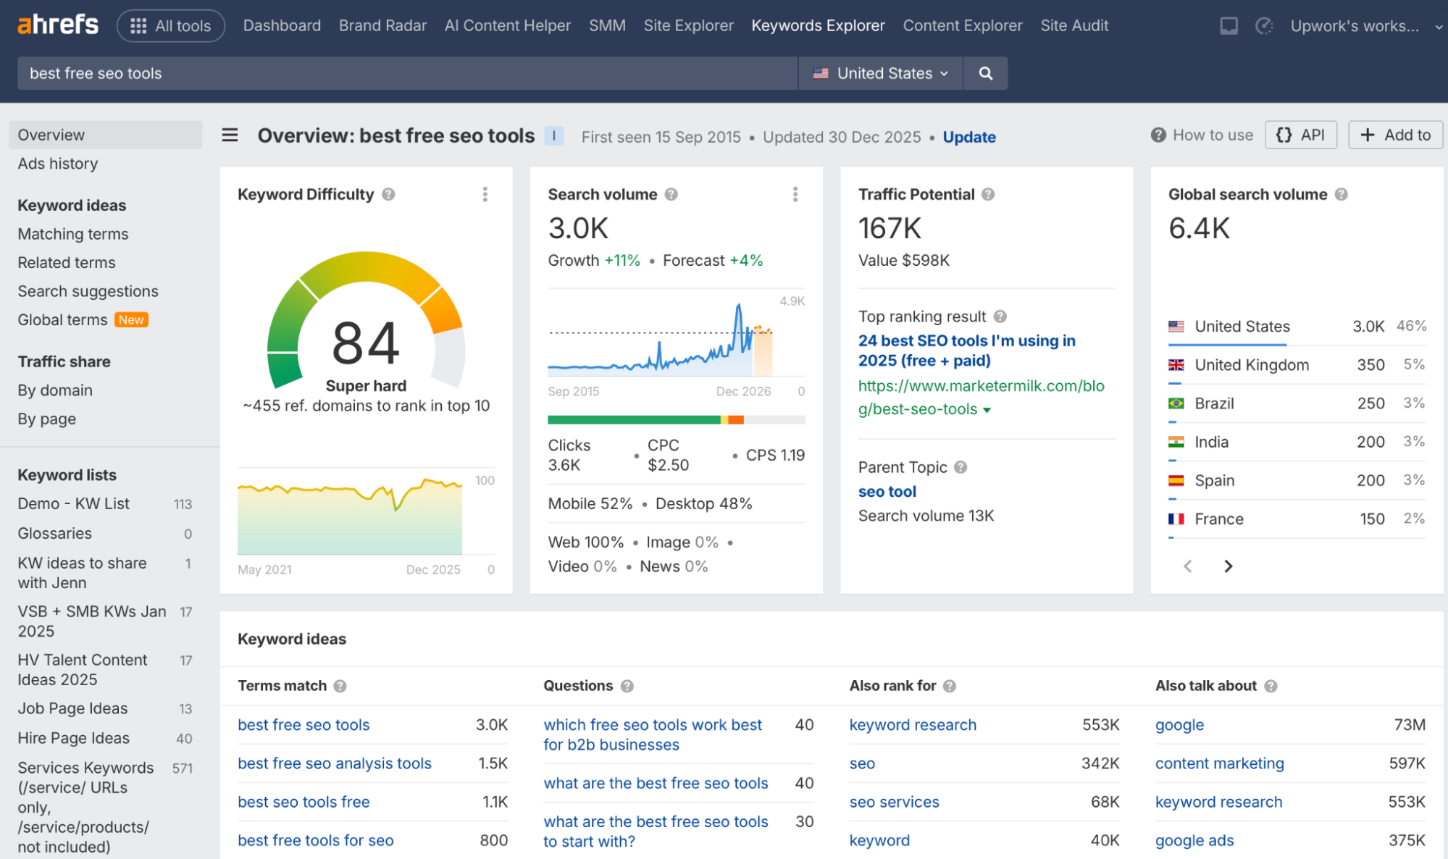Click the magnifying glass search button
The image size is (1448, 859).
[x=985, y=73]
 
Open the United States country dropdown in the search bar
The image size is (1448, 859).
[x=880, y=73]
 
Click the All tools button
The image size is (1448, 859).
[x=171, y=26]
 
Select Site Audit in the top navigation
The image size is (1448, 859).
[x=1074, y=25]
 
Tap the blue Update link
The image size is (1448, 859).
[x=969, y=137]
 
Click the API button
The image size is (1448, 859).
[x=1301, y=135]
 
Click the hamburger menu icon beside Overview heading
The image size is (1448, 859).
[x=230, y=135]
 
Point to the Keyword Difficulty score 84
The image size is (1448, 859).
[x=366, y=343]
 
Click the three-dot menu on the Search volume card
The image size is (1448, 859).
[x=795, y=194]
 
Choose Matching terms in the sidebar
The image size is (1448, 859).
[x=73, y=234]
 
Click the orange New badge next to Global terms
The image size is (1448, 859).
[x=131, y=320]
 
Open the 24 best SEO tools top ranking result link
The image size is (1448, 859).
[x=967, y=351]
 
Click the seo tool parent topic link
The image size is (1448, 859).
[x=887, y=492]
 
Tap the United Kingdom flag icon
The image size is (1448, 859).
[x=1176, y=365]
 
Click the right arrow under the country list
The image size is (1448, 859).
[x=1229, y=566]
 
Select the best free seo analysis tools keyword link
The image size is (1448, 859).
[x=335, y=763]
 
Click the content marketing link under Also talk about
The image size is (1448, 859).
[x=1220, y=763]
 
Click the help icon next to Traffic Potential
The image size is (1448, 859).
[x=988, y=194]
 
